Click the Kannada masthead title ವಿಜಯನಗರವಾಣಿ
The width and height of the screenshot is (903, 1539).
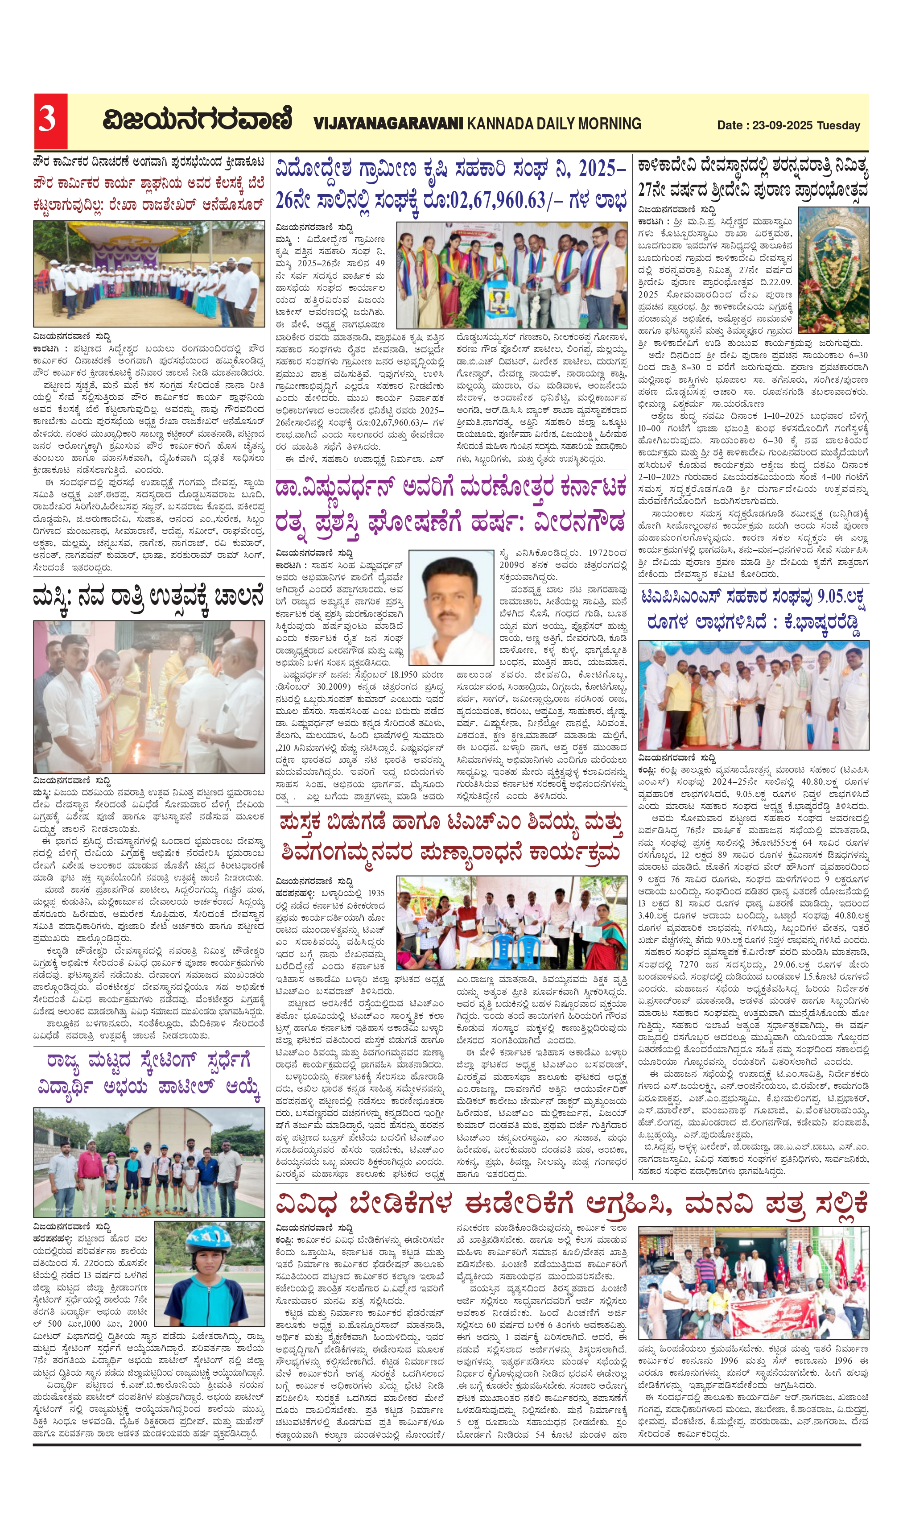pyautogui.click(x=197, y=120)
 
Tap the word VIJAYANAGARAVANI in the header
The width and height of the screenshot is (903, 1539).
pyautogui.click(x=388, y=124)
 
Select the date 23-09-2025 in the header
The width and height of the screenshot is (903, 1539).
pyautogui.click(x=782, y=125)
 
